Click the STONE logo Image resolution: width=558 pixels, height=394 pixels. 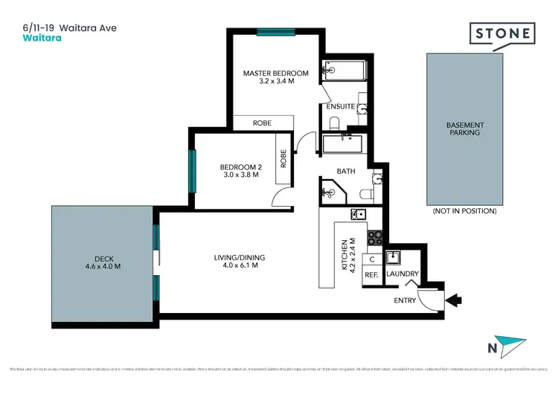pos(502,34)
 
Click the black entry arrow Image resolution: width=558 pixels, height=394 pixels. pos(452,300)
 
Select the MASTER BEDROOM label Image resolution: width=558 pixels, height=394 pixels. pos(276,77)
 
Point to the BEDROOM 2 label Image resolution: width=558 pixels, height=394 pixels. pos(240,171)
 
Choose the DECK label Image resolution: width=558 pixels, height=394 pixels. pos(102,262)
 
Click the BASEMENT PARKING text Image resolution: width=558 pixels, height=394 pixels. pos(464,129)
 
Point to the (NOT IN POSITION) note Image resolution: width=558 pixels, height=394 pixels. pos(464,211)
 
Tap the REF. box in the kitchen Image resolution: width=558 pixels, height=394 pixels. pos(371,275)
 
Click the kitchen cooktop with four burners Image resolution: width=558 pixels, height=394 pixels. pos(375,239)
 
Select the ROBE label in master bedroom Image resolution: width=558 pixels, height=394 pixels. pos(262,123)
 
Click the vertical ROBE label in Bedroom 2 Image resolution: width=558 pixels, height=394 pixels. pos(283,158)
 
